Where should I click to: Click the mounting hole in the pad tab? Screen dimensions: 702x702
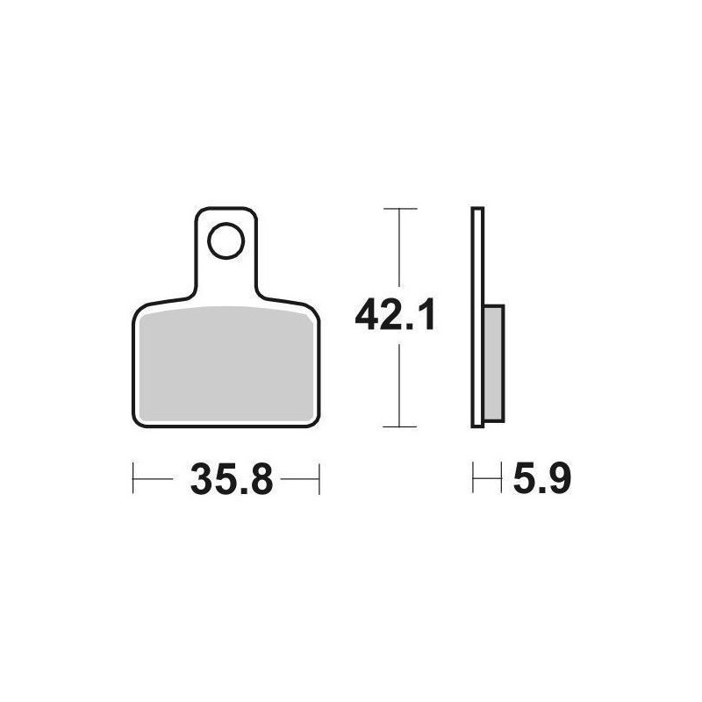coord(226,240)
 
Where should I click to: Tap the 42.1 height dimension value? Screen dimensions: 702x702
coord(394,315)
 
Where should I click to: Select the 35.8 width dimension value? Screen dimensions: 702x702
coord(231,478)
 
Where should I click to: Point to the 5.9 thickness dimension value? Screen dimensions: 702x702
coord(541,478)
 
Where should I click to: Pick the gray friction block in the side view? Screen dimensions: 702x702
coord(494,362)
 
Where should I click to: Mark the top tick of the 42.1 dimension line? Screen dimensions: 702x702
coord(400,209)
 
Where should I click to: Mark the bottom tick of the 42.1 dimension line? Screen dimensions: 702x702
coord(400,426)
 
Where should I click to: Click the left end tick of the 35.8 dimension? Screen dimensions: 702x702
coord(133,478)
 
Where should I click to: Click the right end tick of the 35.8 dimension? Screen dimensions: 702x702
coord(319,478)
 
